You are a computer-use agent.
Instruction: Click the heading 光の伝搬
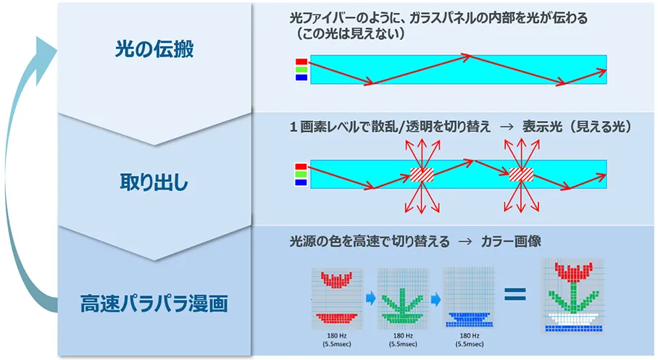tap(154, 49)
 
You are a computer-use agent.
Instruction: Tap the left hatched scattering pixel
tap(420, 175)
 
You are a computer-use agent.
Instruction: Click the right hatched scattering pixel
tap(520, 175)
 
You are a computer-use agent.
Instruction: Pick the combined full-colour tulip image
tap(574, 296)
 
